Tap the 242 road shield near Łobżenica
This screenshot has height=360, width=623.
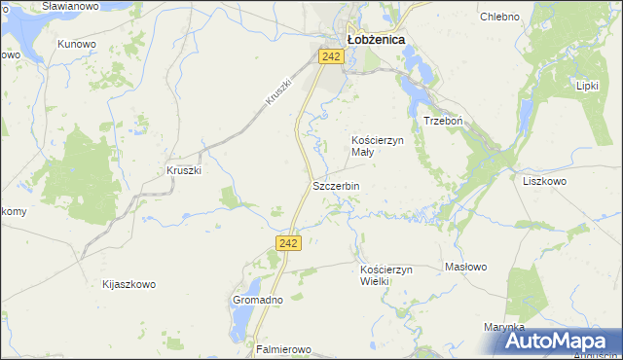[x=331, y=57]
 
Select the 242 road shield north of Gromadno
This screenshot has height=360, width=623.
[x=287, y=243]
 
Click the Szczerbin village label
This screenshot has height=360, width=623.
[x=336, y=186]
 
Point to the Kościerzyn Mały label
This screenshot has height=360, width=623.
[x=377, y=146]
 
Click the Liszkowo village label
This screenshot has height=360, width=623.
[x=544, y=181]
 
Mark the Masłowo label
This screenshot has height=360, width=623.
[x=465, y=267]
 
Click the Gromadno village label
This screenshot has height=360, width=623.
[x=257, y=300]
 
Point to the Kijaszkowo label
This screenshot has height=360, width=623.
[x=128, y=285]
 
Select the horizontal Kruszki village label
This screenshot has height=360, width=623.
[x=184, y=170]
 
